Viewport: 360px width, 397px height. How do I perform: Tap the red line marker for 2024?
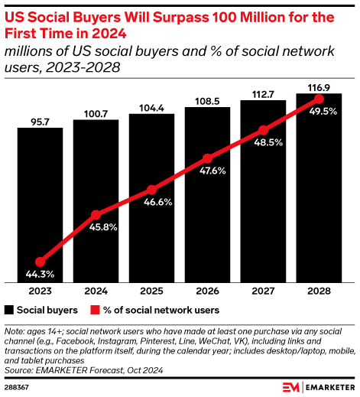[96, 215]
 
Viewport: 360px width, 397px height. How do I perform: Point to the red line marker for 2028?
[319, 99]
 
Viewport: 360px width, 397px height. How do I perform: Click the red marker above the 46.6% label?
[152, 190]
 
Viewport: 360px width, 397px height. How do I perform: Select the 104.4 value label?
[152, 107]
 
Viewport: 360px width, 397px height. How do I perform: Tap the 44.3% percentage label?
[40, 274]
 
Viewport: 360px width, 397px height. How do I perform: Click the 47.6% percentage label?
[208, 171]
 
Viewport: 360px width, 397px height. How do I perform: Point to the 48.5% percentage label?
[264, 142]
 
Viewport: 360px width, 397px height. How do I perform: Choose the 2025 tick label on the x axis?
[152, 291]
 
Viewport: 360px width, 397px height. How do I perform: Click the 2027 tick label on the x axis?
[264, 291]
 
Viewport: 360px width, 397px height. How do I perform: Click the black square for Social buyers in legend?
[9, 311]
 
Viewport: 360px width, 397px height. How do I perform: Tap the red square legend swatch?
[96, 311]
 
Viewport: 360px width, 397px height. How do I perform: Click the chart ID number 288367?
[17, 386]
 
